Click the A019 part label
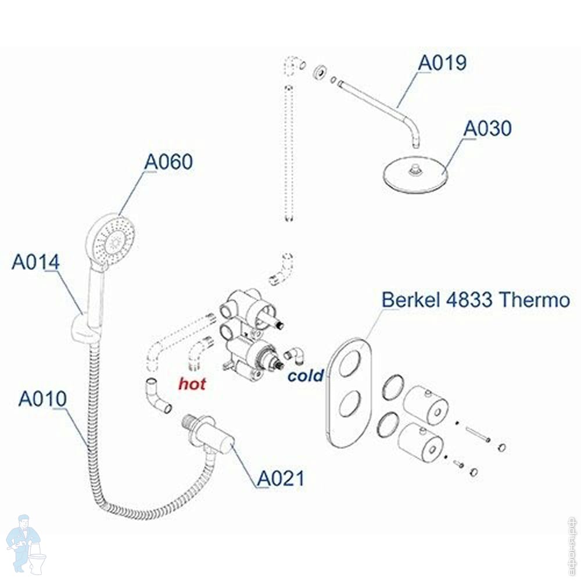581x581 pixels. click(443, 62)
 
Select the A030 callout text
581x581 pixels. click(487, 128)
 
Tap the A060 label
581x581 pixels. click(168, 162)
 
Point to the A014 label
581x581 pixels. click(35, 263)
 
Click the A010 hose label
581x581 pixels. click(42, 399)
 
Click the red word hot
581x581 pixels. click(192, 384)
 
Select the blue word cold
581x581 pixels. click(305, 376)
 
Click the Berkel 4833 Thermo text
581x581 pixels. click(475, 300)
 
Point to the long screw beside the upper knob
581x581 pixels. click(478, 433)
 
